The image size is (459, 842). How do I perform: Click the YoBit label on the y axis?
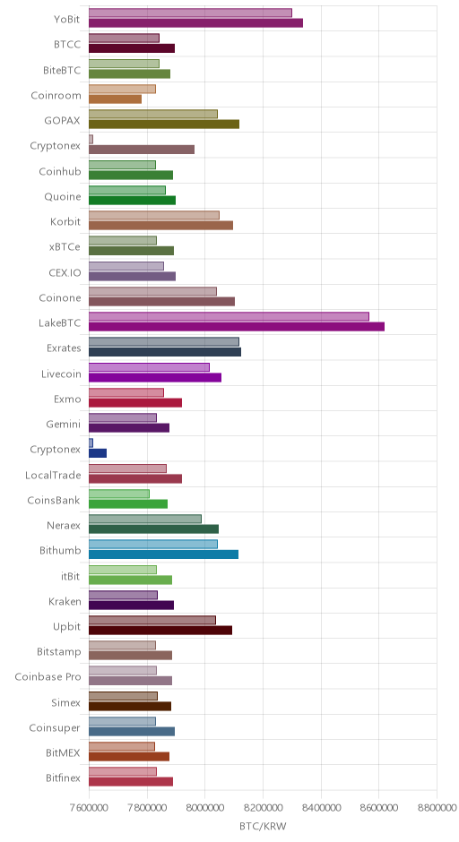click(66, 20)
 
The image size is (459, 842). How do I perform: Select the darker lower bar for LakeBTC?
click(237, 326)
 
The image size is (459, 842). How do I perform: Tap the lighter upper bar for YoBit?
click(190, 13)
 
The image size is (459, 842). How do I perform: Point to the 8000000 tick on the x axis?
click(204, 808)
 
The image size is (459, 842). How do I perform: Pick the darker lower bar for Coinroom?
click(115, 99)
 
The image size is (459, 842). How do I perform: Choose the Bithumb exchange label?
click(60, 551)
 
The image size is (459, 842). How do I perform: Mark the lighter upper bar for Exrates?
click(164, 341)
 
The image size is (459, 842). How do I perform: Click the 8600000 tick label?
click(378, 808)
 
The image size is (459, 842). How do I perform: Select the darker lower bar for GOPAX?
click(164, 125)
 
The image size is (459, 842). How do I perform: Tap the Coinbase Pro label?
click(48, 677)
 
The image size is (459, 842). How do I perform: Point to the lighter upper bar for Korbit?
click(154, 215)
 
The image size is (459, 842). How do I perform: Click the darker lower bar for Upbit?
click(160, 631)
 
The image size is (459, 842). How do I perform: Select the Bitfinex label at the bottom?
click(64, 778)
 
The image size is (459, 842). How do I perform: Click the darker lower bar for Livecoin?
click(155, 377)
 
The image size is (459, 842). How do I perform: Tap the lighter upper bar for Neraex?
click(145, 519)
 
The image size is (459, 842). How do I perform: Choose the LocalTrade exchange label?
click(53, 476)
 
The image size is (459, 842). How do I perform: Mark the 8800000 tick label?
click(437, 808)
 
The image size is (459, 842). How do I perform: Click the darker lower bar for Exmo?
click(135, 403)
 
